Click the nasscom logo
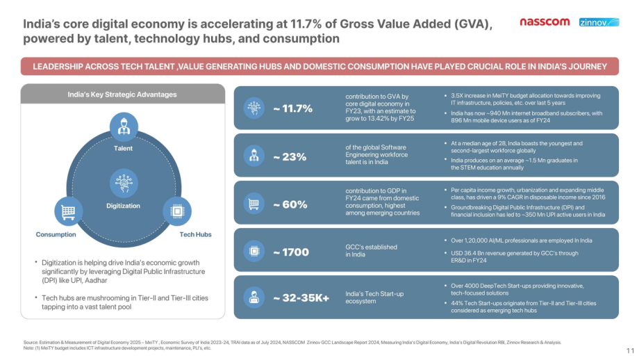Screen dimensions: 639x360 click(545, 22)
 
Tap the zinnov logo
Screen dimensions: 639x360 click(599, 22)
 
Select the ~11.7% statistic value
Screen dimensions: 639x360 click(292, 108)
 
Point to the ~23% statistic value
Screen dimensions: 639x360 click(290, 157)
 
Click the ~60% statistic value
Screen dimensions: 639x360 click(290, 204)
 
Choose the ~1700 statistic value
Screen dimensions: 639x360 click(290, 252)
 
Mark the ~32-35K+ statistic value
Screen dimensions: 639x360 click(301, 298)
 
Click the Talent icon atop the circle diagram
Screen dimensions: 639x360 click(124, 126)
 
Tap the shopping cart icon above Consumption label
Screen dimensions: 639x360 click(68, 211)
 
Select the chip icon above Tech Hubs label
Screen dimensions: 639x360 click(177, 211)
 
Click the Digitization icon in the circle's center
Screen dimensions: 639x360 click(124, 183)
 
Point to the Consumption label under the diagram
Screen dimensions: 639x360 click(56, 234)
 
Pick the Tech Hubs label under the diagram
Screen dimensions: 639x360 click(196, 234)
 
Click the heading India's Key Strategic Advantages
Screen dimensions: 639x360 click(122, 95)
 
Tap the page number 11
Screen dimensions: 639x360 click(631, 351)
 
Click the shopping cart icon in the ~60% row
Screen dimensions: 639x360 click(254, 204)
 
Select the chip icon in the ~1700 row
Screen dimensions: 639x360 click(254, 251)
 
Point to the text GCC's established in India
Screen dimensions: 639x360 click(372, 251)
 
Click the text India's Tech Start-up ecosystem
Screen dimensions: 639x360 click(374, 297)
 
